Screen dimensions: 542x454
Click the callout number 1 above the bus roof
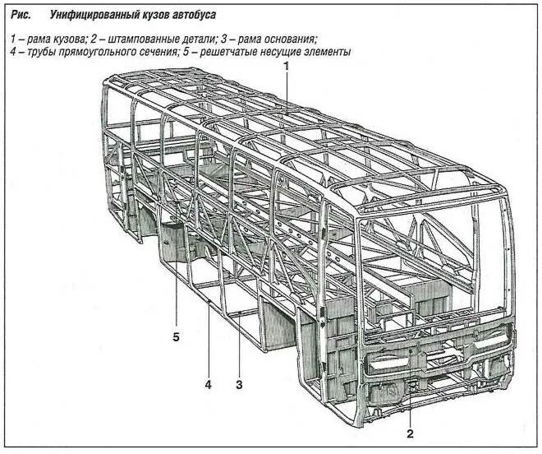287,66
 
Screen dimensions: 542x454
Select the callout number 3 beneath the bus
239,384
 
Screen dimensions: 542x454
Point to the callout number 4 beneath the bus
209,384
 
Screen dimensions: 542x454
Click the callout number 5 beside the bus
176,336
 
